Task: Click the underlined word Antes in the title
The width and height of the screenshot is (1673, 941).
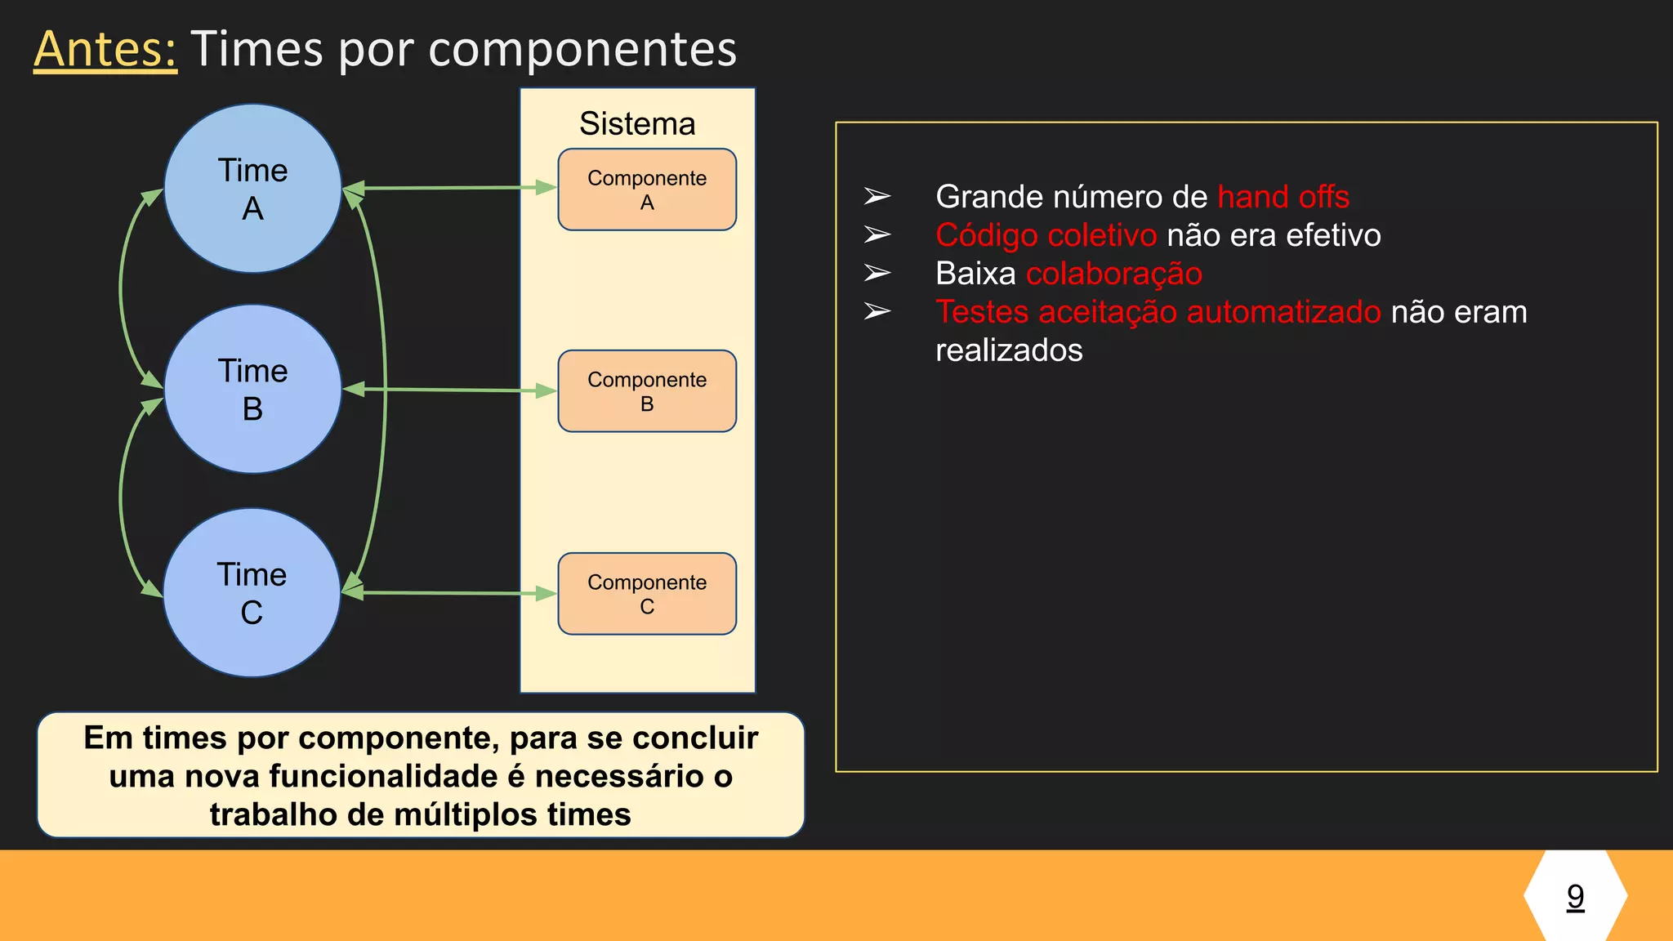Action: tap(105, 49)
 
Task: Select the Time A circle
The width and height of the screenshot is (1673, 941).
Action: tap(252, 189)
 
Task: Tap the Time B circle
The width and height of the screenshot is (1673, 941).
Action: tap(252, 390)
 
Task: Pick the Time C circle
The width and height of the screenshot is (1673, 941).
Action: tap(252, 593)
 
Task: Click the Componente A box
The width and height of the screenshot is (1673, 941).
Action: tap(647, 190)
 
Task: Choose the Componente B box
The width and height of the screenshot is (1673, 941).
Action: tap(647, 391)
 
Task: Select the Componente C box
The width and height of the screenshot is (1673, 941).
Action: tap(647, 594)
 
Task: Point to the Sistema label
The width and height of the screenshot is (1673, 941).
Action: tap(637, 124)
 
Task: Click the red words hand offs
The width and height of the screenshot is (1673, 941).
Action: tap(1283, 197)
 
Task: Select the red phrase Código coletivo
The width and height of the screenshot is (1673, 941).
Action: tap(1046, 235)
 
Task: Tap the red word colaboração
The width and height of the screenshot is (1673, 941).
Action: tap(1113, 274)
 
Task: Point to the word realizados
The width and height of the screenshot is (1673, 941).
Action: tap(1009, 350)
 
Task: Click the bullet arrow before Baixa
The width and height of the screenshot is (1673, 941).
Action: tap(877, 274)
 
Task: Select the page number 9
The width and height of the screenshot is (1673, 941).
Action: tap(1575, 896)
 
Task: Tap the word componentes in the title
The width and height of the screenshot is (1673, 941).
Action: tap(582, 49)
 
